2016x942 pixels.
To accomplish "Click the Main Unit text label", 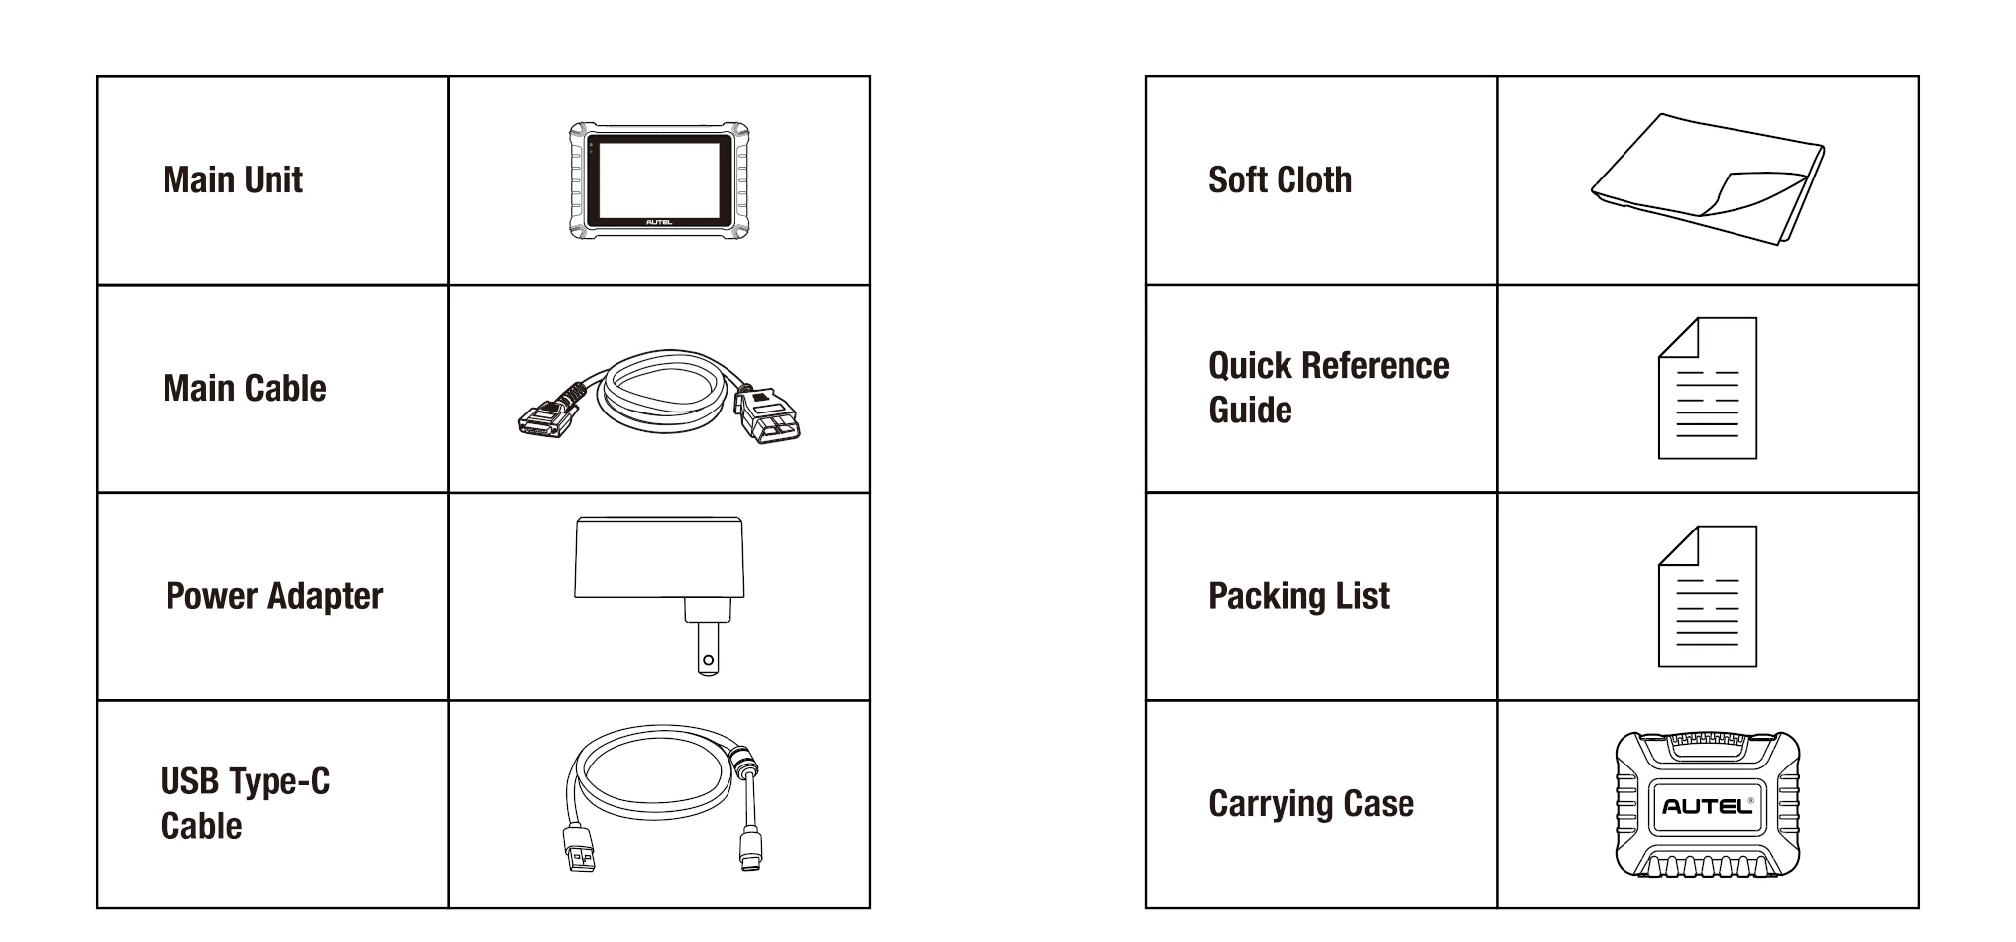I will pos(233,180).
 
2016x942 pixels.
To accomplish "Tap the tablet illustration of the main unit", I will pos(659,181).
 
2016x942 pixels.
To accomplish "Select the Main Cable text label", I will pos(245,389).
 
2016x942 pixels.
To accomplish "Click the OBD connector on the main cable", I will pos(767,416).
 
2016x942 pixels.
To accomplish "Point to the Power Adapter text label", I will pos(274,596).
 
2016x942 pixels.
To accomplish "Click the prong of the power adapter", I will pos(707,650).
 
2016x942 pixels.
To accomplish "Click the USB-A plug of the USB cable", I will pos(581,851).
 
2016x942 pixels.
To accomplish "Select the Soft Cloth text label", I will pos(1280,180).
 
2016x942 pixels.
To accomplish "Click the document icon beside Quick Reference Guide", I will pos(1707,389).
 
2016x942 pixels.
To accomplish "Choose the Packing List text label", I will pos(1298,596).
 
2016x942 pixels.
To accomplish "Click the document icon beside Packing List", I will pos(1707,597).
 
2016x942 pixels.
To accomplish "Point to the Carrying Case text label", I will pos(1310,804).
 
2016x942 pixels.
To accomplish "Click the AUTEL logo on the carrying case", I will pos(1707,806).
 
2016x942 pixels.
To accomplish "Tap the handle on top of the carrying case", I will pos(1707,742).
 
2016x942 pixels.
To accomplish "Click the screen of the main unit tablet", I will pos(659,178).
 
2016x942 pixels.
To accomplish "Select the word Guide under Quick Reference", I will pos(1250,411).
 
